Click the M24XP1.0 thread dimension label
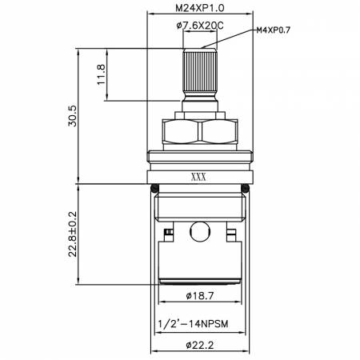click(x=200, y=8)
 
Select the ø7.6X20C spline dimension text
click(x=200, y=26)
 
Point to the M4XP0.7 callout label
click(x=274, y=30)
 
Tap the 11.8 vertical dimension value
click(x=102, y=74)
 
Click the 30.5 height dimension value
click(x=72, y=116)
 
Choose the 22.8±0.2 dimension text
click(x=72, y=234)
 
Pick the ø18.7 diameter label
click(x=200, y=295)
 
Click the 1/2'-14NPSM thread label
click(x=194, y=324)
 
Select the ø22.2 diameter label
click(x=200, y=346)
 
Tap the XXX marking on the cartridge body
click(x=198, y=177)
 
